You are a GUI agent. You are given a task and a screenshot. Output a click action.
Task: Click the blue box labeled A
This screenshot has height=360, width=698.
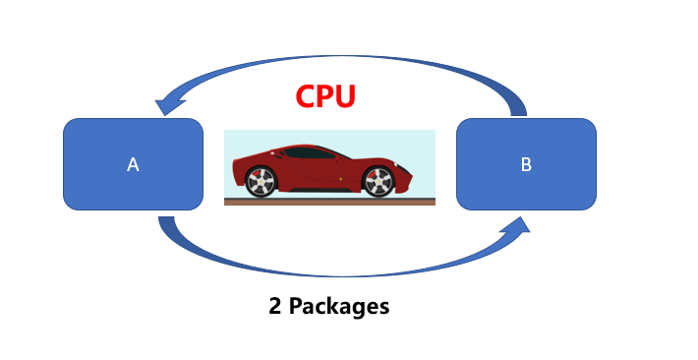(x=133, y=163)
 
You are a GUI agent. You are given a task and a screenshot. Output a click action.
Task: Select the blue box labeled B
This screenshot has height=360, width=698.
(x=526, y=163)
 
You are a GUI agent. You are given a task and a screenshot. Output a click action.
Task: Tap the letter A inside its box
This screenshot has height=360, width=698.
(x=133, y=165)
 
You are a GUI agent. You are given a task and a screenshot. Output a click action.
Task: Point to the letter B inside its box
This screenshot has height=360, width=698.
(x=526, y=165)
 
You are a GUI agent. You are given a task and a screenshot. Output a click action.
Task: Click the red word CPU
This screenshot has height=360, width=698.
(x=325, y=96)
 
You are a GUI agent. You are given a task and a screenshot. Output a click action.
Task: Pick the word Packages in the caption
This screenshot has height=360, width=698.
(x=339, y=306)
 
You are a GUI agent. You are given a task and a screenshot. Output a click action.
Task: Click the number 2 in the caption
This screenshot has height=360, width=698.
(x=276, y=306)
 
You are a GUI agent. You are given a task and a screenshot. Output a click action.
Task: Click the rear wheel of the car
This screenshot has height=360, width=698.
(x=260, y=182)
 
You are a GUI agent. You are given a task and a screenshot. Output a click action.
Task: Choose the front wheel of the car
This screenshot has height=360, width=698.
(x=378, y=181)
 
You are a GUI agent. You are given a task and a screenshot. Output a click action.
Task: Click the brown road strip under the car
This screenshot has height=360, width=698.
(x=329, y=202)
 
